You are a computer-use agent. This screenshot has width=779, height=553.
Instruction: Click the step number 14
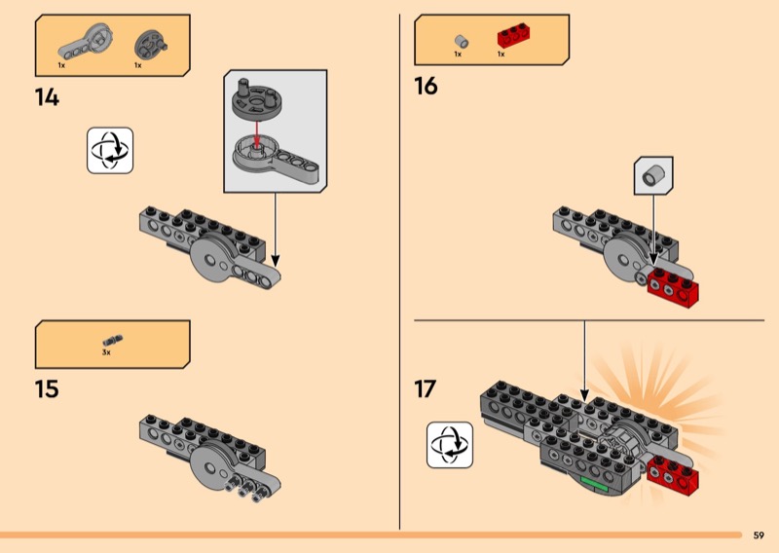pyautogui.click(x=47, y=97)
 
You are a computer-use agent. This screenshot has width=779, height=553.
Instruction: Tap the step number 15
pyautogui.click(x=47, y=389)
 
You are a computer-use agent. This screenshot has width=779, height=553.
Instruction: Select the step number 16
pyautogui.click(x=427, y=87)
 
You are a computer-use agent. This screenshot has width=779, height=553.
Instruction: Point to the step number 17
pyautogui.click(x=426, y=388)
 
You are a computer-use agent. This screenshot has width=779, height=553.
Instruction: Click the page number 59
pyautogui.click(x=759, y=535)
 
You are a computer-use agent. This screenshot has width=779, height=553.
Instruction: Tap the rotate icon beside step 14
pyautogui.click(x=110, y=150)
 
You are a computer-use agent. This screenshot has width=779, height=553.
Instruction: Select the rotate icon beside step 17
pyautogui.click(x=450, y=445)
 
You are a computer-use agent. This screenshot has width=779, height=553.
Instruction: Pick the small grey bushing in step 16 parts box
pyautogui.click(x=462, y=41)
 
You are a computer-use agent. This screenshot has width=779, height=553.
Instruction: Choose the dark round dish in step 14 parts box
pyautogui.click(x=149, y=42)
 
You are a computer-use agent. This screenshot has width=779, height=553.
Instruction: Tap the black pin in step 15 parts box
pyautogui.click(x=112, y=340)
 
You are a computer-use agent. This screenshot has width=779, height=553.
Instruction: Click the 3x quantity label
pyautogui.click(x=106, y=352)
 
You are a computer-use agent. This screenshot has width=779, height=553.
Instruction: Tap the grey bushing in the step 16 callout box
pyautogui.click(x=654, y=177)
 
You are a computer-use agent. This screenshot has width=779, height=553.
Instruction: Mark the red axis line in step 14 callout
pyautogui.click(x=256, y=133)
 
